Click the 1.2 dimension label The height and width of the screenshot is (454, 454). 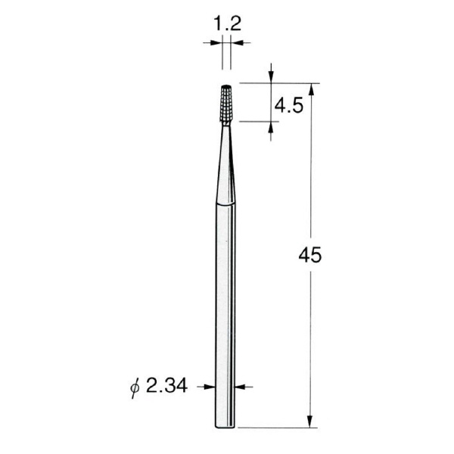click(x=227, y=24)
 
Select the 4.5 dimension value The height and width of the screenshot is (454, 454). click(x=289, y=105)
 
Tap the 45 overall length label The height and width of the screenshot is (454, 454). click(x=309, y=255)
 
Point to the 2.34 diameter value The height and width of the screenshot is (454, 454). click(x=166, y=386)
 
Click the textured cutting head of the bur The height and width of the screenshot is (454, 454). click(x=226, y=104)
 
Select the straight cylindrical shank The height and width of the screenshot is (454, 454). click(x=225, y=316)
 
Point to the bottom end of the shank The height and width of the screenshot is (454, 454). click(x=225, y=427)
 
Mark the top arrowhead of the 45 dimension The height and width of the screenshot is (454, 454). click(x=311, y=90)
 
